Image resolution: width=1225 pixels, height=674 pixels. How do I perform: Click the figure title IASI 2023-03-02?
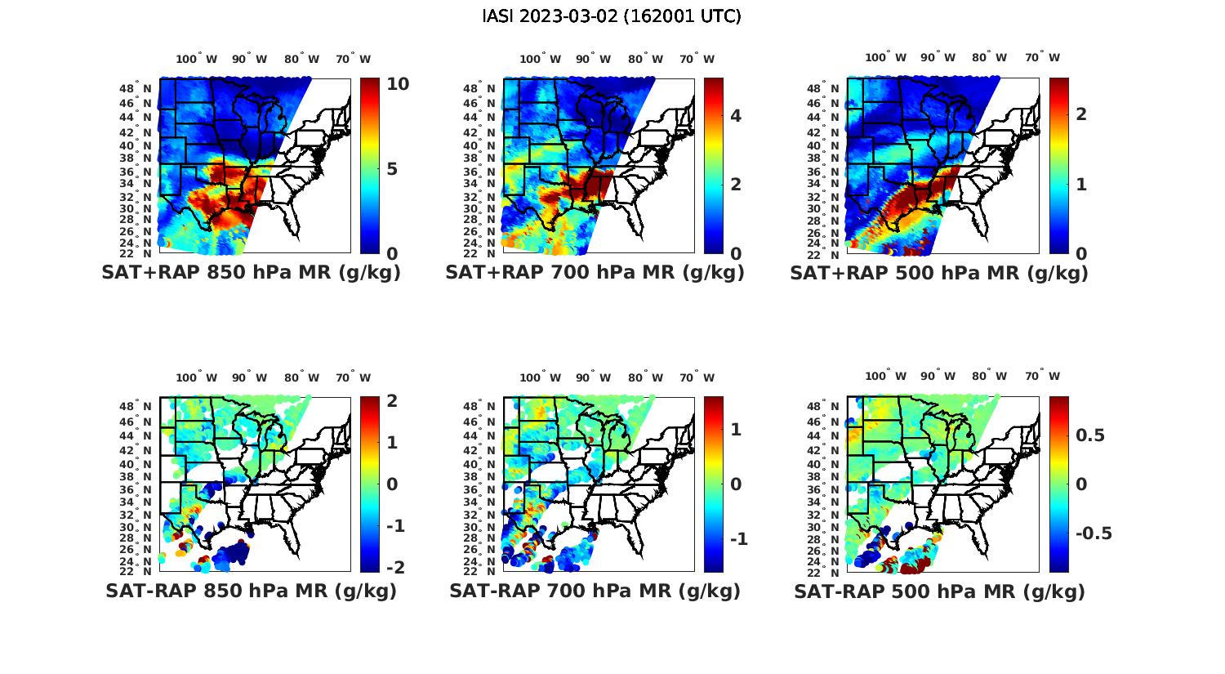click(612, 16)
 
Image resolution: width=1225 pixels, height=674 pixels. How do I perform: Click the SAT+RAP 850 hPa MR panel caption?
click(251, 273)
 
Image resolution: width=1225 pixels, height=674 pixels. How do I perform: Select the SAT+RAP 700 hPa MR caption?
click(595, 273)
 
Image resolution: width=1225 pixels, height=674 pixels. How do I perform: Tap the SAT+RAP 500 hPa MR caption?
click(939, 273)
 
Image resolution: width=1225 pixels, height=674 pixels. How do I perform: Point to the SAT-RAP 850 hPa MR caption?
click(251, 591)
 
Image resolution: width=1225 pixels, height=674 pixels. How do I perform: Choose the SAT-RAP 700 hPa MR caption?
click(595, 591)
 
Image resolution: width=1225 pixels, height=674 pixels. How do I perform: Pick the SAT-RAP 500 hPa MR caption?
click(939, 591)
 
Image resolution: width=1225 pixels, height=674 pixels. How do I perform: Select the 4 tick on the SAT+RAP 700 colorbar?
click(736, 115)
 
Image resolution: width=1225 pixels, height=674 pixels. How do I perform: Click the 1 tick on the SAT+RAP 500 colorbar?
click(1081, 185)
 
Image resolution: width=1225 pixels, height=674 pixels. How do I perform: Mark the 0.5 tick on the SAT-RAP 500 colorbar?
click(1089, 435)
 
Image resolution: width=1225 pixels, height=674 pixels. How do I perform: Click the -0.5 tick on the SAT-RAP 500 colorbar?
click(1093, 533)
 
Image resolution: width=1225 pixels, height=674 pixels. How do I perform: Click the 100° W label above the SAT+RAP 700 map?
click(541, 59)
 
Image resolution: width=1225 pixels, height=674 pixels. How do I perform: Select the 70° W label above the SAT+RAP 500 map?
click(1042, 57)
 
